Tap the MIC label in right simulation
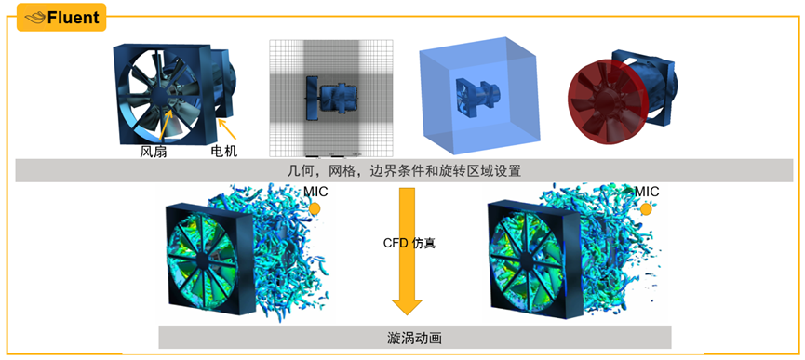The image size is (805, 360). pyautogui.click(x=647, y=192)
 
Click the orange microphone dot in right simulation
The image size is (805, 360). pyautogui.click(x=646, y=209)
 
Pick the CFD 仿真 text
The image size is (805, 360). pyautogui.click(x=409, y=243)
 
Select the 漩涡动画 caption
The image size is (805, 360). pyautogui.click(x=414, y=337)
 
